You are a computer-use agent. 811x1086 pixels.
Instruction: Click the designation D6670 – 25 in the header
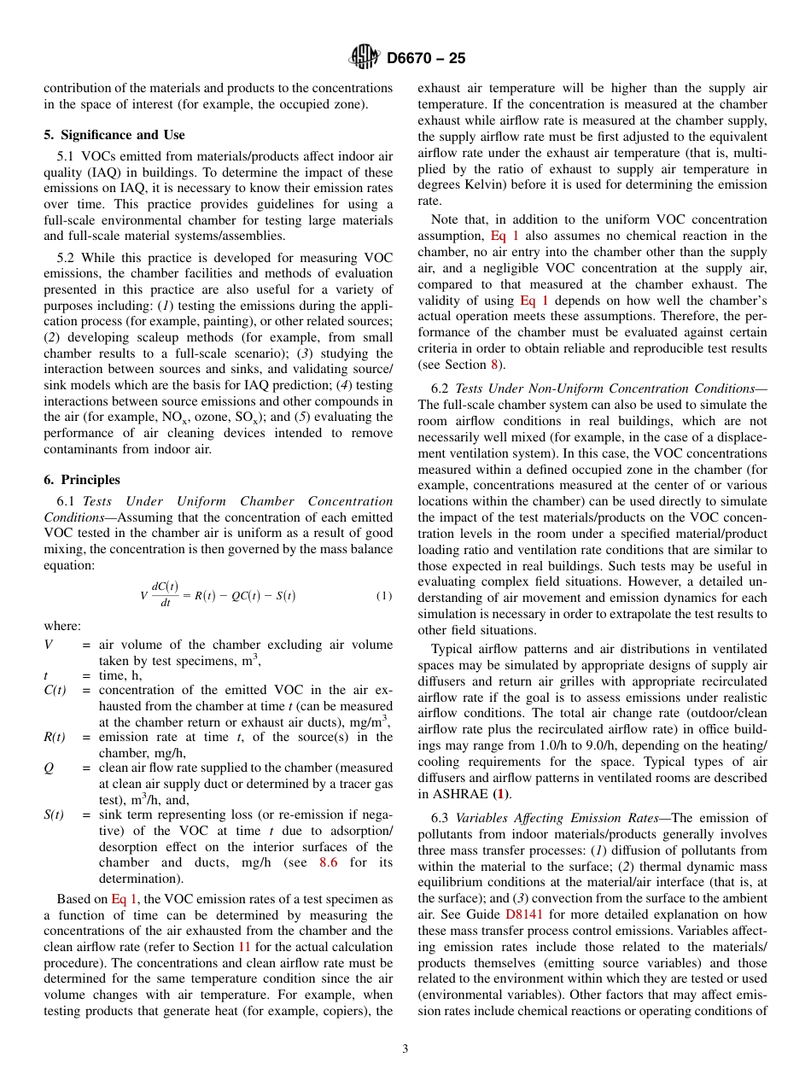pyautogui.click(x=426, y=59)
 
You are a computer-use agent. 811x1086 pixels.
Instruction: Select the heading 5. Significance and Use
pyautogui.click(x=114, y=135)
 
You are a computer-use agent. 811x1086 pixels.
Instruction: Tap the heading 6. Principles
pyautogui.click(x=82, y=480)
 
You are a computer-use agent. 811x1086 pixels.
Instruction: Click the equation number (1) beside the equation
pyautogui.click(x=384, y=595)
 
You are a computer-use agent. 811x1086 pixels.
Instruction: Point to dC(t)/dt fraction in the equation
pyautogui.click(x=165, y=594)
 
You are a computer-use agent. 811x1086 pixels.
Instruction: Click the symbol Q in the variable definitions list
pyautogui.click(x=49, y=768)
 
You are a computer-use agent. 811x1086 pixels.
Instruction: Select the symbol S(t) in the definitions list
pyautogui.click(x=54, y=815)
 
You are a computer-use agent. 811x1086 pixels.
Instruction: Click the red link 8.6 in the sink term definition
pyautogui.click(x=328, y=863)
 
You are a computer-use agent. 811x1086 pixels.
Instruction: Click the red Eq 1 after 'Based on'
pyautogui.click(x=124, y=899)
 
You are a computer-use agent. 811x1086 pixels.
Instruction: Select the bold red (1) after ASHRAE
pyautogui.click(x=504, y=795)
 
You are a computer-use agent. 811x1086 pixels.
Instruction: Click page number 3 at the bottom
pyautogui.click(x=405, y=1049)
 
